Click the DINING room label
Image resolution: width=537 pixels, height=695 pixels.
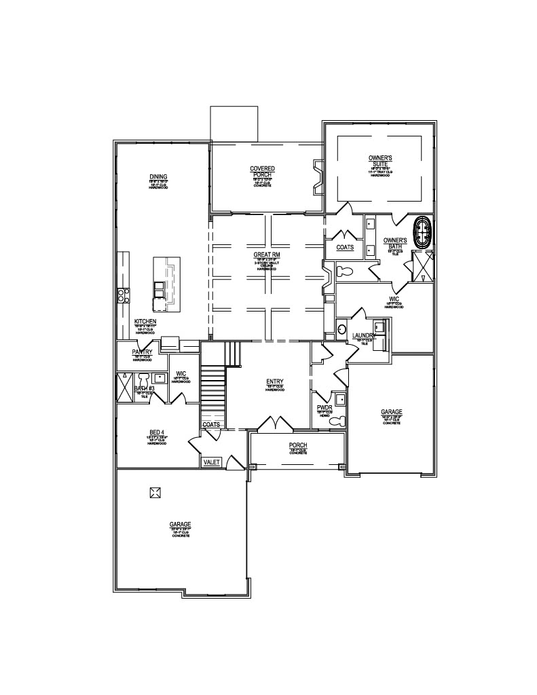click(x=158, y=177)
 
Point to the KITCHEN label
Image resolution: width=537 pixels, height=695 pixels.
click(x=145, y=321)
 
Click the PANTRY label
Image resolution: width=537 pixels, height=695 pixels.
click(x=142, y=352)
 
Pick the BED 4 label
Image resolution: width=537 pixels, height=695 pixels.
click(x=158, y=432)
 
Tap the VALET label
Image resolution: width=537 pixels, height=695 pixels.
click(x=212, y=462)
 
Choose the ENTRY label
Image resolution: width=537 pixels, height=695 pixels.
click(x=275, y=382)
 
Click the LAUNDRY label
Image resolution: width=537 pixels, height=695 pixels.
click(x=365, y=336)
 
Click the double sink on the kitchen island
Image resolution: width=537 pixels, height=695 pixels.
click(x=158, y=289)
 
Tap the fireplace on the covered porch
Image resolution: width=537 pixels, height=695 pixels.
click(x=316, y=177)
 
